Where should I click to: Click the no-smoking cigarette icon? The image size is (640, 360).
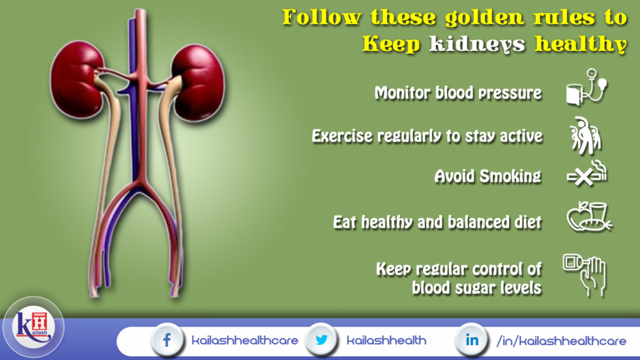pyautogui.click(x=586, y=175)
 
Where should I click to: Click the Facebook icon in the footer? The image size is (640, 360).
pyautogui.click(x=167, y=341)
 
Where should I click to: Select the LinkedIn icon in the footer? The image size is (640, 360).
pyautogui.click(x=472, y=341)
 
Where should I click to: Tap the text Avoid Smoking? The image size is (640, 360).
pyautogui.click(x=487, y=176)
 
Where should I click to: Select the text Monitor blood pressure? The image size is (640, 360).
pyautogui.click(x=457, y=93)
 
